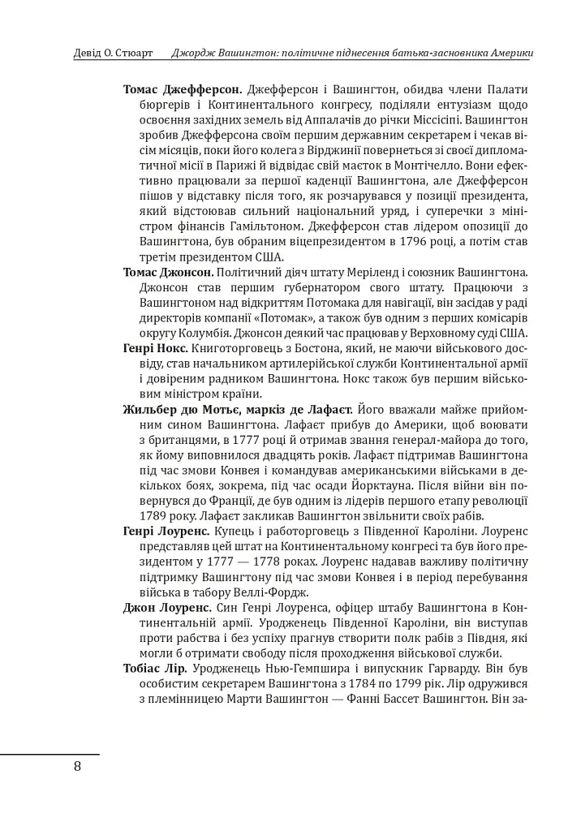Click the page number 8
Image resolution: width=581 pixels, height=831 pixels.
[x=77, y=767]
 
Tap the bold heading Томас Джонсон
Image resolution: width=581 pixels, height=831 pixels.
[x=168, y=269]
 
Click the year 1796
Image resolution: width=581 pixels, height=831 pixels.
[x=413, y=241]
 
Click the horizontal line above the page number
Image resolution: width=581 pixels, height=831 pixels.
[x=49, y=754]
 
